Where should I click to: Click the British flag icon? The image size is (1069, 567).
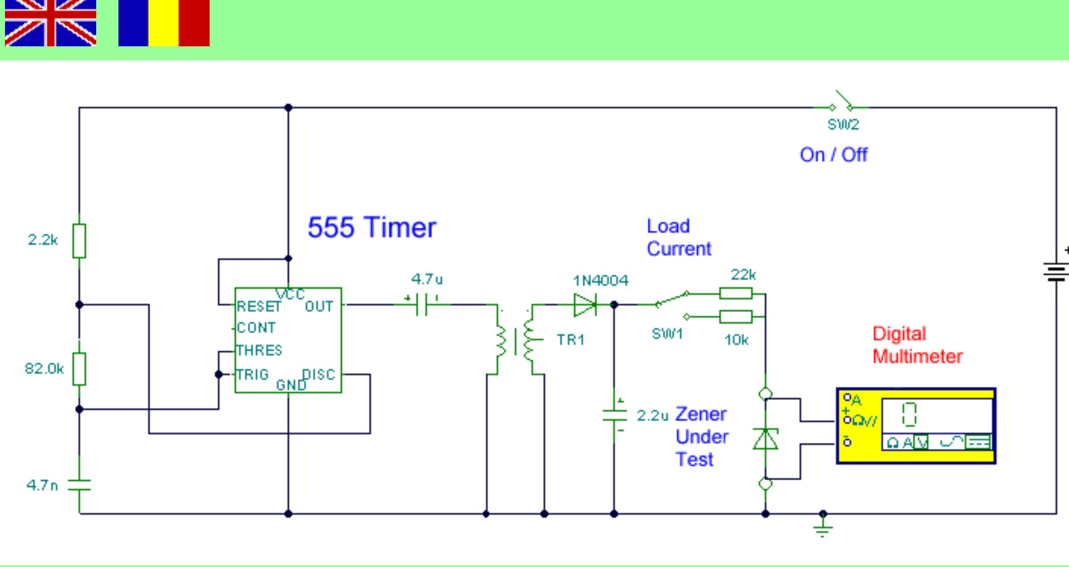click(50, 23)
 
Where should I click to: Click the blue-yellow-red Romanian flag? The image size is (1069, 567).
click(164, 23)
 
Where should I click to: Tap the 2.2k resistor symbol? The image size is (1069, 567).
click(79, 241)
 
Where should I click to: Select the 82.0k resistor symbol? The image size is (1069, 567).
click(79, 369)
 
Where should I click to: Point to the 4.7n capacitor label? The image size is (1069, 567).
click(42, 485)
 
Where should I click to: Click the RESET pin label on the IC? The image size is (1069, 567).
click(259, 307)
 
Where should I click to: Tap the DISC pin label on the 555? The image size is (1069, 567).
click(319, 375)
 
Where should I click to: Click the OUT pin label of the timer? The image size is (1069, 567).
click(319, 307)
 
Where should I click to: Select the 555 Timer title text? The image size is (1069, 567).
click(372, 227)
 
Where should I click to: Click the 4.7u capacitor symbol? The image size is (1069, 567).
click(422, 305)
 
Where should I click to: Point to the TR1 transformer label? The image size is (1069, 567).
click(570, 340)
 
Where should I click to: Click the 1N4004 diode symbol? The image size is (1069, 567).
click(585, 305)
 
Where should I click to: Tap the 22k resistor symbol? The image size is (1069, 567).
click(736, 294)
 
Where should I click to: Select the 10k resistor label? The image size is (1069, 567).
click(736, 340)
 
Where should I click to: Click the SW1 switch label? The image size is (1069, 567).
click(667, 334)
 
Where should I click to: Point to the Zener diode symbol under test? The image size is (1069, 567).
click(765, 439)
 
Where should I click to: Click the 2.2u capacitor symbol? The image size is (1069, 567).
click(614, 415)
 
